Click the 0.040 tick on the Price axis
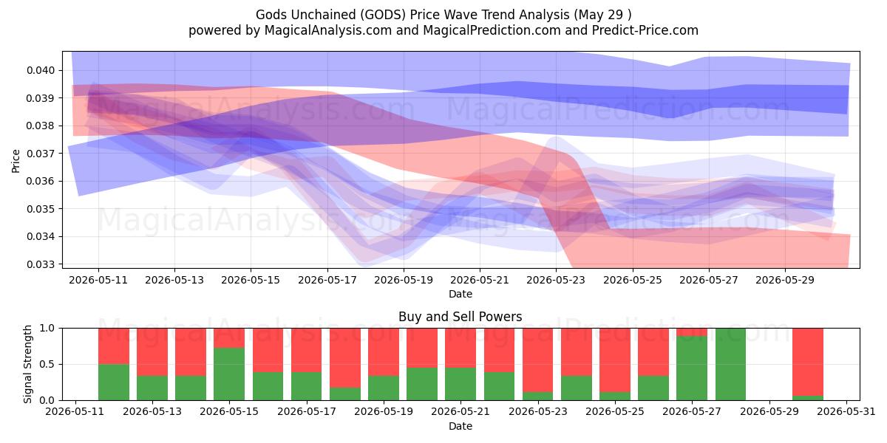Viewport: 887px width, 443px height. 41,70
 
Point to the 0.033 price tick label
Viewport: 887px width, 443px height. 41,264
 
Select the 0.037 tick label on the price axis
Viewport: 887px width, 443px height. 41,154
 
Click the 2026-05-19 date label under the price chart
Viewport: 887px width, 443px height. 404,280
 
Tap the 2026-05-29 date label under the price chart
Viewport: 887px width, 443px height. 785,280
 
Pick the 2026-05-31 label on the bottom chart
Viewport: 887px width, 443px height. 846,412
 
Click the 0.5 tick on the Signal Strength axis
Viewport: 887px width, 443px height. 47,364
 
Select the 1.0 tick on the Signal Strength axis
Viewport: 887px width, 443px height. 47,329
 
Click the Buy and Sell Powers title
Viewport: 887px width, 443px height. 460,317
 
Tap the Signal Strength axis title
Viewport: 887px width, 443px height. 27,364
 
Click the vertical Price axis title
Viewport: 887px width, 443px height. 16,161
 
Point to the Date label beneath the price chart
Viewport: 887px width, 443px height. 460,295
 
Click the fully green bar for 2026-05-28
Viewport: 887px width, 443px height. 730,364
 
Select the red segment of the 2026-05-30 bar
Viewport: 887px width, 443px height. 808,362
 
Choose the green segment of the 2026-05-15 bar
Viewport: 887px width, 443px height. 229,374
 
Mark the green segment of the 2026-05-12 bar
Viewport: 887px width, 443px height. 114,382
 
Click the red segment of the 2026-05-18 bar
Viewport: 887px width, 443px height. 345,358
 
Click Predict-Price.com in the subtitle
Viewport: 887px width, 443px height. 645,31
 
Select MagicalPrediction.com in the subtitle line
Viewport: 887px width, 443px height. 492,31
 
